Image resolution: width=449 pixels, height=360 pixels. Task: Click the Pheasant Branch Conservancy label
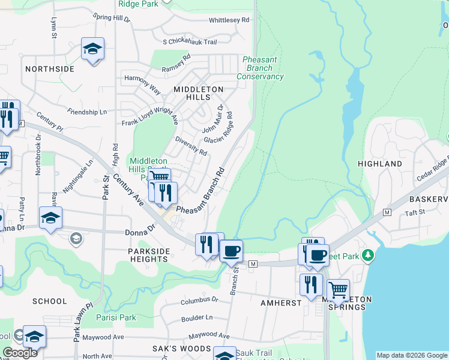260,68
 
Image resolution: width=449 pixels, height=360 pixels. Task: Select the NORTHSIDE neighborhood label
50,69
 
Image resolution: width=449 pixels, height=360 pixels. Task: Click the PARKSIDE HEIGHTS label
148,255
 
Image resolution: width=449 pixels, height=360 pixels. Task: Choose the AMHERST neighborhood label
281,303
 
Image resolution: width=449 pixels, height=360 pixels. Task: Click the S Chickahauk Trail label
189,42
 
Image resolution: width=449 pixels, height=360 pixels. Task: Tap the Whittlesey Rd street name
229,20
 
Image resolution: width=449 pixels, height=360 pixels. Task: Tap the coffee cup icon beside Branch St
231,250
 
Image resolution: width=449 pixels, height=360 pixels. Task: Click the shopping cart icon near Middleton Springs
338,290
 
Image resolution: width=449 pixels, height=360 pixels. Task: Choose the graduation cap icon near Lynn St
92,48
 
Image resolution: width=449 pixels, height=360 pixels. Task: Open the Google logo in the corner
20,353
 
